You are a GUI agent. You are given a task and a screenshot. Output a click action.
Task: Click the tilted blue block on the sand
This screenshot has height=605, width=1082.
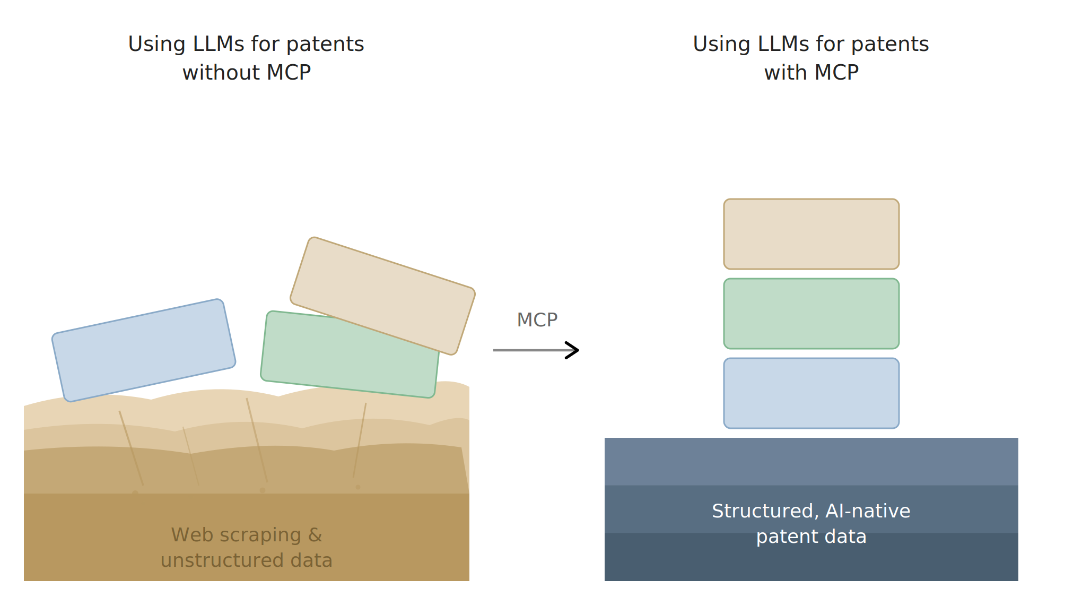(144, 350)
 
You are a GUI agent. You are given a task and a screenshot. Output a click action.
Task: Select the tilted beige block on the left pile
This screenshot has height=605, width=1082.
(382, 296)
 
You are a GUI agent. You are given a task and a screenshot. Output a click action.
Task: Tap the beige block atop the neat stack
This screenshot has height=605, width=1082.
(811, 234)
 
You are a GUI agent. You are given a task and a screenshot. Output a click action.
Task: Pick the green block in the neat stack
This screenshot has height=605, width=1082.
(811, 314)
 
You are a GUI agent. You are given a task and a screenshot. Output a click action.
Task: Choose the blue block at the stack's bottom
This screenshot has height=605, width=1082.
(811, 393)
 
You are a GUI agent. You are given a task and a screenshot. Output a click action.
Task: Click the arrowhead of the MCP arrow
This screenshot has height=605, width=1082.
(573, 350)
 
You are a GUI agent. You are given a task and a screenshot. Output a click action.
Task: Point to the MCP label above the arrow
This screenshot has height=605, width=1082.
(537, 320)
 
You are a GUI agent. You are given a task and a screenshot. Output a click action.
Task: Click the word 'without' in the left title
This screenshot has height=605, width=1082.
(221, 73)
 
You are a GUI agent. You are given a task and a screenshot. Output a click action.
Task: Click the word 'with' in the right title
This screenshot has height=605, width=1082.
(784, 73)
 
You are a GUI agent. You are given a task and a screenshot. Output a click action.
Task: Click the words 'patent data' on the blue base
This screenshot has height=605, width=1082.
(811, 537)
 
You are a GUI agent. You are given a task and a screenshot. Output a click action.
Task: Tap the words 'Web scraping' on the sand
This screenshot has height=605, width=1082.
(236, 535)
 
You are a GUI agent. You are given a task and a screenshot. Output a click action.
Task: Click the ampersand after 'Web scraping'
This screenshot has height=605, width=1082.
(315, 535)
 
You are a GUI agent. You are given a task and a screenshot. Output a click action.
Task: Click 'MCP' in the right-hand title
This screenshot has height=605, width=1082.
(836, 73)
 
